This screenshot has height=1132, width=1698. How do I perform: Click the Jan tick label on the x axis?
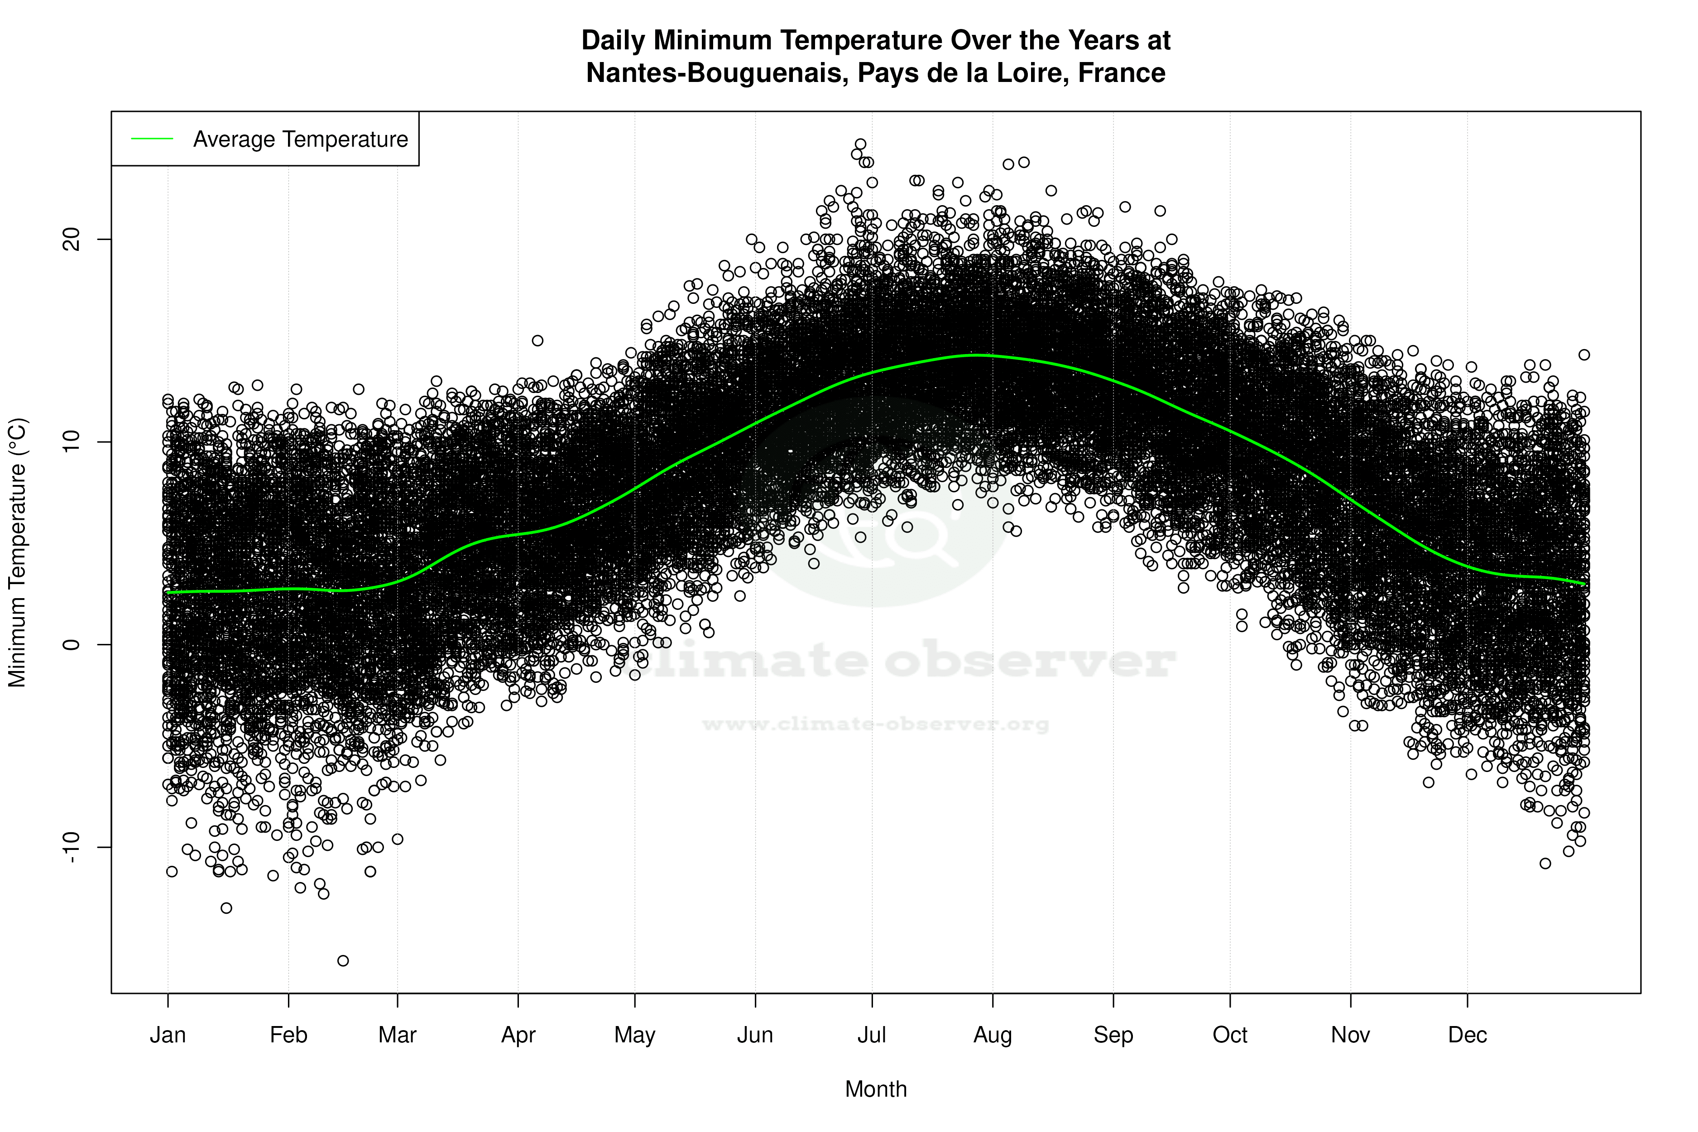pyautogui.click(x=168, y=1035)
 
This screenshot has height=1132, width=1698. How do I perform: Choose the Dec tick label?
pyautogui.click(x=1467, y=1035)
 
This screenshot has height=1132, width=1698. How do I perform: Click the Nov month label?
pyautogui.click(x=1350, y=1035)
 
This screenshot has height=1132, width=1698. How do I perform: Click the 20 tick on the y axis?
pyautogui.click(x=72, y=240)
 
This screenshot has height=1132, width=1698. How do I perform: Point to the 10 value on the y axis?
pyautogui.click(x=72, y=442)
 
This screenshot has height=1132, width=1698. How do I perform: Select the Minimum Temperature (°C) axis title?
pyautogui.click(x=17, y=552)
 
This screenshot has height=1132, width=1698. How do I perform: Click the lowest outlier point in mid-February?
pyautogui.click(x=343, y=960)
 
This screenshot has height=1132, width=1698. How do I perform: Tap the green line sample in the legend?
pyautogui.click(x=152, y=139)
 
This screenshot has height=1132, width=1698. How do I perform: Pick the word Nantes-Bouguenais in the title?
pyautogui.click(x=717, y=73)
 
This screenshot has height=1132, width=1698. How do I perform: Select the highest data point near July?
pyautogui.click(x=860, y=144)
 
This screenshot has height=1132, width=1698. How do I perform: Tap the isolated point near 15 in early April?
pyautogui.click(x=537, y=340)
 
